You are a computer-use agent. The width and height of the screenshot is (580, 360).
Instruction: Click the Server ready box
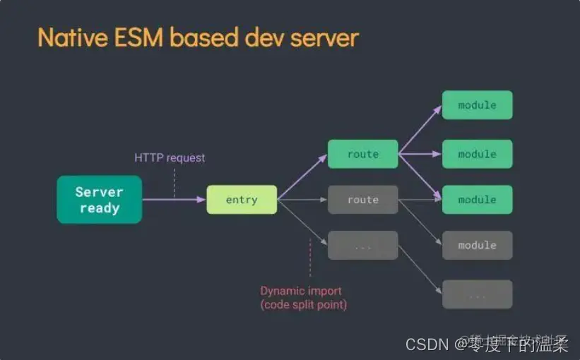(100, 200)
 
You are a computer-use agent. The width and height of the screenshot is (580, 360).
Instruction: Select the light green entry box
(242, 200)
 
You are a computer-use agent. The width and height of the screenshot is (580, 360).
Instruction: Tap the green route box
(362, 154)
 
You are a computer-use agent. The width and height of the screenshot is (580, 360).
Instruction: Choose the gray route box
(362, 200)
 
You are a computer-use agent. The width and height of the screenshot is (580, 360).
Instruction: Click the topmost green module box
(477, 105)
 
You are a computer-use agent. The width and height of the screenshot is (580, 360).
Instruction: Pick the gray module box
(477, 245)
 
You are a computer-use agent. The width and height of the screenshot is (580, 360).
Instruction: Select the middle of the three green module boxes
(477, 154)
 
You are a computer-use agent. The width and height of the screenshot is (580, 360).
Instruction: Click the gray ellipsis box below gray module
(477, 294)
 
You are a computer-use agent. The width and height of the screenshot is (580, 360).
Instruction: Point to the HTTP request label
(170, 158)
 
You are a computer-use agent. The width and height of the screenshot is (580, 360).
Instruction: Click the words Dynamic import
(301, 291)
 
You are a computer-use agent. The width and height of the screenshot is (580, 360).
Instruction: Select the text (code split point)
(304, 305)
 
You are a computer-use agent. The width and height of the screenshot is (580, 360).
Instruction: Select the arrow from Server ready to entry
(173, 200)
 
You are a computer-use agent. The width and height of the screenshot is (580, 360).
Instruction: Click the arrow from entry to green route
(302, 177)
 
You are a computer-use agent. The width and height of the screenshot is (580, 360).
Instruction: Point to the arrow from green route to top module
(420, 129)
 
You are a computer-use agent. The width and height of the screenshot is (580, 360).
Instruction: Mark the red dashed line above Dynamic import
(310, 258)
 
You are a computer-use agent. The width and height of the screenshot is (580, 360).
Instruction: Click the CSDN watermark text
(427, 344)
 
